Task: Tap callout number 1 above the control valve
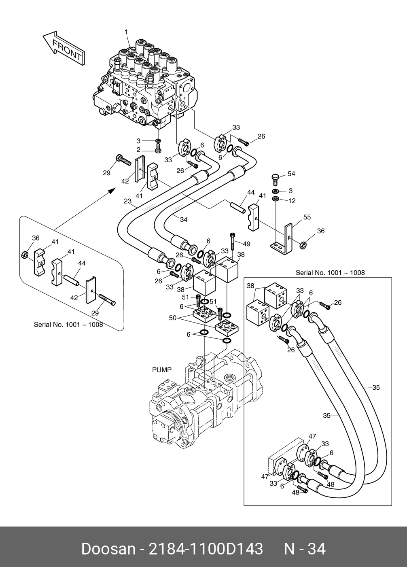pos(126,32)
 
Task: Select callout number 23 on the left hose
pos(128,201)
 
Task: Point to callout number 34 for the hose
pos(184,220)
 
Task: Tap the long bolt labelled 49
pos(233,243)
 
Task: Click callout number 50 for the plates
pos(172,318)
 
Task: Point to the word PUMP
pos(162,370)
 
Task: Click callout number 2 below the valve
pos(138,150)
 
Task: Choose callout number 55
pos(307,217)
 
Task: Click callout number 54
pos(291,174)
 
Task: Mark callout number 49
pos(246,244)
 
